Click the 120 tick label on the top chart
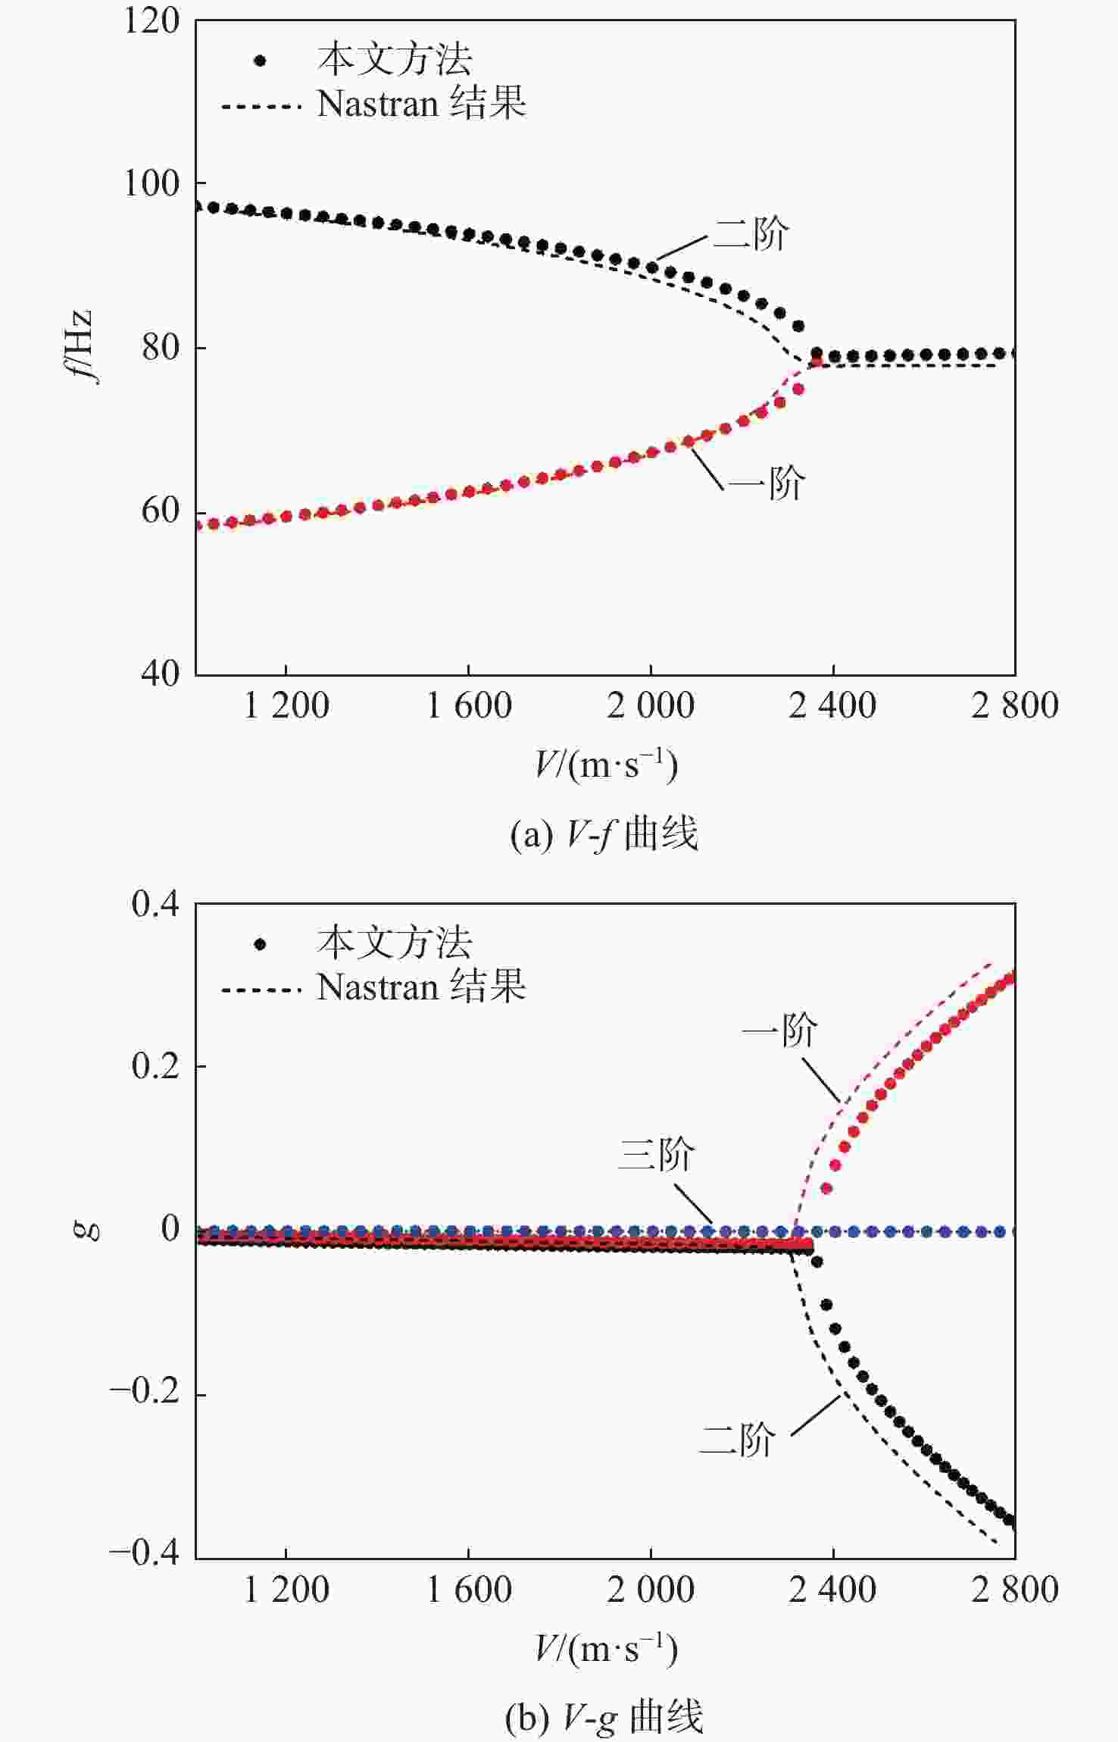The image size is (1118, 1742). [x=151, y=21]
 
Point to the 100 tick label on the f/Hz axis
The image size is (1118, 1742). [x=151, y=184]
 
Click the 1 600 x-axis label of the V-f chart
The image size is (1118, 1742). [x=469, y=706]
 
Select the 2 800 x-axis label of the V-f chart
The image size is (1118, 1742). [x=1015, y=706]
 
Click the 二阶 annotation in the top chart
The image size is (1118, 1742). [x=751, y=233]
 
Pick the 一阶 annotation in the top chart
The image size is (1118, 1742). [x=767, y=483]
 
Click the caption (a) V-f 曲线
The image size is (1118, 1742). [x=604, y=835]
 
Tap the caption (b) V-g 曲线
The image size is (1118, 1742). [x=604, y=1717]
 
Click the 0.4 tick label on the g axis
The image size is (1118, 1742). [x=155, y=904]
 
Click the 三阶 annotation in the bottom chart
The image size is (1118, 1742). [x=656, y=1154]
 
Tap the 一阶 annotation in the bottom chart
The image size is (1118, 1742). [x=779, y=1031]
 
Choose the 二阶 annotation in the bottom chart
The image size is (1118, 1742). [x=737, y=1438]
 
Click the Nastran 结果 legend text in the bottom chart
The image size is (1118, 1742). [x=421, y=987]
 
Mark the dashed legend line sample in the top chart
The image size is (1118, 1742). [x=261, y=106]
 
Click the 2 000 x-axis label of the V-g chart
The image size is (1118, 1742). [x=651, y=1589]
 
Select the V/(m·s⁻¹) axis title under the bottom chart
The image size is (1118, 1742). [x=606, y=1650]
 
